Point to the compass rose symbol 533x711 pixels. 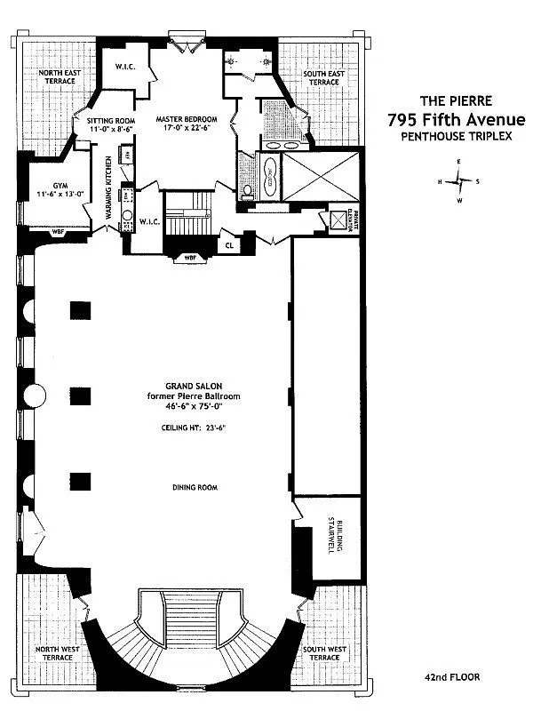tap(459, 180)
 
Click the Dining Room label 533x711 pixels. tap(195, 488)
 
